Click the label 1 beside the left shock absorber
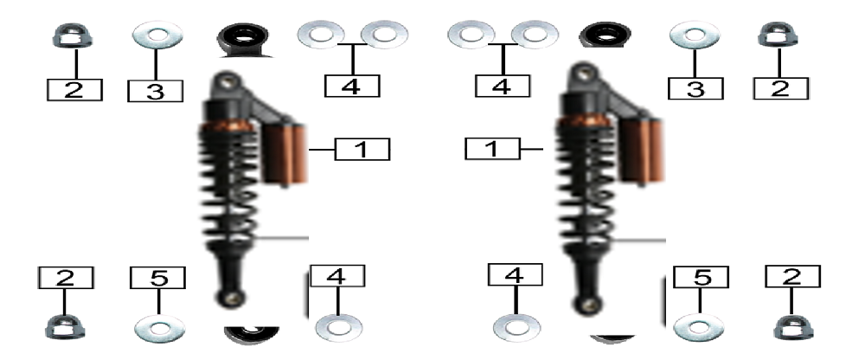tap(362, 150)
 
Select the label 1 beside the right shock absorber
tap(492, 149)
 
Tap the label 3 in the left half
tap(155, 91)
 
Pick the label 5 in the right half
tap(702, 277)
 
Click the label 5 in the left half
tap(157, 278)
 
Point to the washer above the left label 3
tap(157, 35)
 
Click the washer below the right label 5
tap(699, 327)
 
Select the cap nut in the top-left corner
tap(73, 35)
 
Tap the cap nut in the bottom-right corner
tap(793, 327)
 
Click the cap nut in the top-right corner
tap(778, 35)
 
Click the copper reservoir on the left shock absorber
tap(285, 153)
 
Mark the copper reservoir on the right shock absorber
tap(642, 151)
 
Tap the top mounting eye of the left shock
tap(226, 81)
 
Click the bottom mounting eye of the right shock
tap(586, 304)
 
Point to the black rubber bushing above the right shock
tap(606, 35)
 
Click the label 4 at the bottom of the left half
tap(337, 276)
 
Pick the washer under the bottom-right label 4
tap(516, 327)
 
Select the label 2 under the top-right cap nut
tap(780, 88)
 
